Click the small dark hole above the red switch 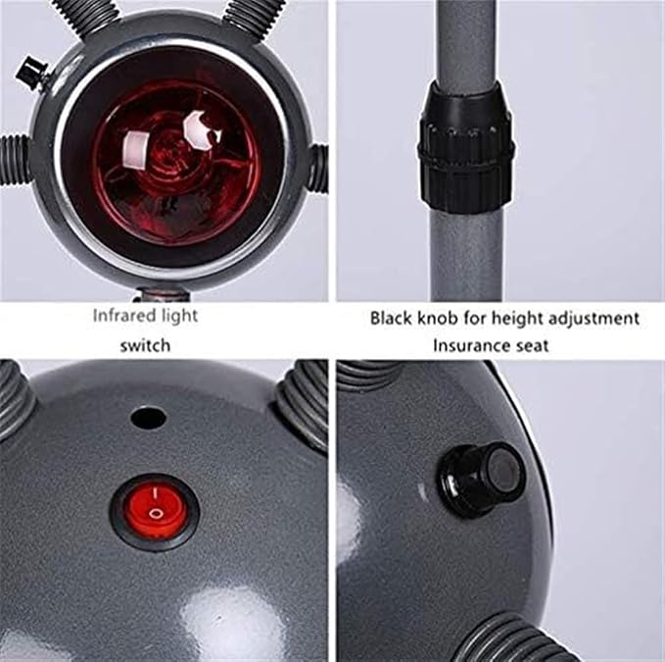click(x=148, y=418)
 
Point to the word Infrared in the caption click(x=119, y=317)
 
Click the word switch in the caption click(x=146, y=346)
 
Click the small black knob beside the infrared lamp click(x=31, y=73)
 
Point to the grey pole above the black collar click(x=466, y=40)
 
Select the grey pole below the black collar click(x=466, y=255)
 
